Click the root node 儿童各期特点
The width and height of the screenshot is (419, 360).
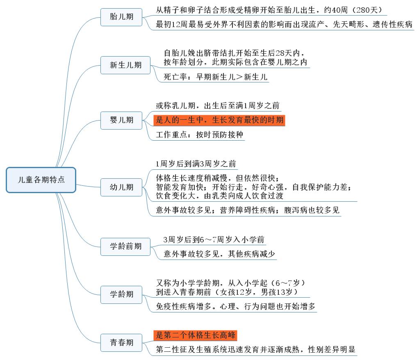41,180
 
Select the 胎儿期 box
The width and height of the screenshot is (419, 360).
121,17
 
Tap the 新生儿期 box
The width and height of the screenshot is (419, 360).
125,65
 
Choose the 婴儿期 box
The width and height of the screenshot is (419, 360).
121,120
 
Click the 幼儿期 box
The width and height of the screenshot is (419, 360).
121,187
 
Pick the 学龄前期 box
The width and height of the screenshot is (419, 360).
125,246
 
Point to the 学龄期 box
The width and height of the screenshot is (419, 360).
121,294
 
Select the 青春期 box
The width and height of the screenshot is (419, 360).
121,343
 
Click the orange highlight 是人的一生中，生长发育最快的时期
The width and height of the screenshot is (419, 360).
219,120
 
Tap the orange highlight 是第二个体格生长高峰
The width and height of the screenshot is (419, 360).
195,335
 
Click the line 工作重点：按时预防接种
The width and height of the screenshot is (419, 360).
199,134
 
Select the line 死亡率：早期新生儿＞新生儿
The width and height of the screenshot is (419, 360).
215,77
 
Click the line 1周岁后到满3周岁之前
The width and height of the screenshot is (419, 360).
196,164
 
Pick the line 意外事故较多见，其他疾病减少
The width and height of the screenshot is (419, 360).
219,254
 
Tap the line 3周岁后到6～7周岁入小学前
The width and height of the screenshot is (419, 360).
214,239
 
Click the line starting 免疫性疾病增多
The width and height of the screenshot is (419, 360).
235,306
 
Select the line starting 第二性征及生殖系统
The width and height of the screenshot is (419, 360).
255,349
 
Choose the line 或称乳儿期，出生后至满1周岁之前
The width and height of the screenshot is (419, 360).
218,105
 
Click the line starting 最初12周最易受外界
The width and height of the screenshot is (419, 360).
284,25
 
